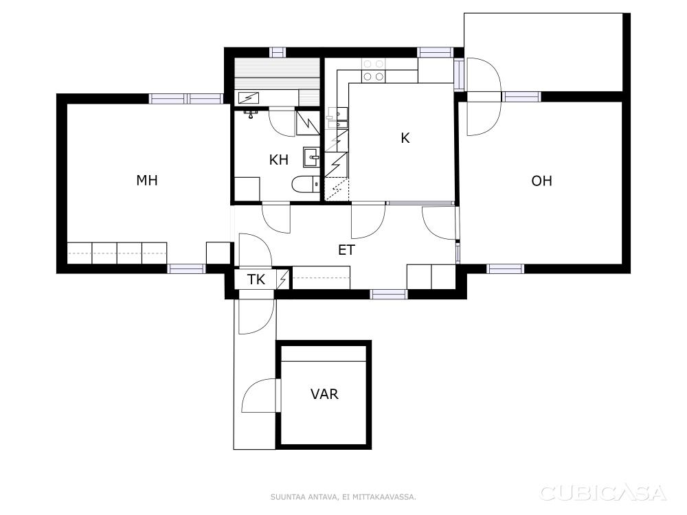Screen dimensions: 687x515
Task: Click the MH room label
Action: (147, 180)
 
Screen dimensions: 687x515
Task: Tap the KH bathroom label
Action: (279, 160)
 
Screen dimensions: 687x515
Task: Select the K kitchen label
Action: (405, 138)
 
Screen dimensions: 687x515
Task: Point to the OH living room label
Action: (541, 181)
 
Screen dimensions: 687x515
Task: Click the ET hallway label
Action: (346, 250)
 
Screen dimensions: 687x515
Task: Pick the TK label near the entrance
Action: (256, 279)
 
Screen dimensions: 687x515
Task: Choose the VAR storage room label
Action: (325, 394)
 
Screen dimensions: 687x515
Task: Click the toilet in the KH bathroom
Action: (306, 184)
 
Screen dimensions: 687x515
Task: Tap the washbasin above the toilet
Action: (311, 157)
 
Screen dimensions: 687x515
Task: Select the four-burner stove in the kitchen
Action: (373, 71)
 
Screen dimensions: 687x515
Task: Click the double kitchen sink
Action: (337, 118)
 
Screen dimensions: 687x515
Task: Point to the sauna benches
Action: (278, 74)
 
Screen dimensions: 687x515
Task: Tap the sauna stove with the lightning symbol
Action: (249, 98)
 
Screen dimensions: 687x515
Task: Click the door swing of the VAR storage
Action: (259, 395)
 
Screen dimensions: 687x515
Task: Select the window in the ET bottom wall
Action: (389, 295)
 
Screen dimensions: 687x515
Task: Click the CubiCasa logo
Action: (603, 493)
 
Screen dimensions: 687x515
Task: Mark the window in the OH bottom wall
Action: (505, 268)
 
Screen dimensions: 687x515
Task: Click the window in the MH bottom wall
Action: (187, 268)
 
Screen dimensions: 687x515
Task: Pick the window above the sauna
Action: (278, 53)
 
